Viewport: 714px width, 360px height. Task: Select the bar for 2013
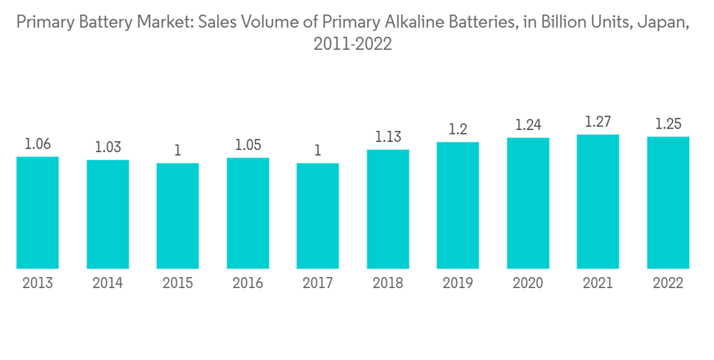37,212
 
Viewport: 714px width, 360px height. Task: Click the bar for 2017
318,216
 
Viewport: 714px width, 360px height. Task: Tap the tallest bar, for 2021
598,201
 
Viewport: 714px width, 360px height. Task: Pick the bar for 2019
458,205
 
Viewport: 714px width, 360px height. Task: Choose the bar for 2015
178,216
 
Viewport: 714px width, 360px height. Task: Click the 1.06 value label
37,144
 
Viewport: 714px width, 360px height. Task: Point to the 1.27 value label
598,122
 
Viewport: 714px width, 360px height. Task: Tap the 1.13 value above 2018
388,137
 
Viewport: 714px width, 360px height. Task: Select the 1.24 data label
528,125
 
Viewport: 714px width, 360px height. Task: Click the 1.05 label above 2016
248,145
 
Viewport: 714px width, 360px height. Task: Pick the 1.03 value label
108,147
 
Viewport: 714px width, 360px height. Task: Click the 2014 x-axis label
108,284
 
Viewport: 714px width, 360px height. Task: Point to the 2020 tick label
528,284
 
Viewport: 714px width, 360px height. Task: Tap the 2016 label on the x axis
248,284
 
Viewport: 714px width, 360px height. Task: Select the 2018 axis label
388,284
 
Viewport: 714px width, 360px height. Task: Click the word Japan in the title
668,23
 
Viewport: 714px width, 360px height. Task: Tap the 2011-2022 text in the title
353,44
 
